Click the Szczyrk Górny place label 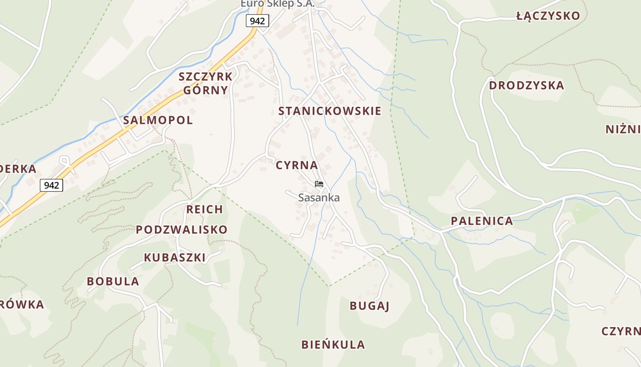206,83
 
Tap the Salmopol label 158,120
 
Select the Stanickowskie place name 330,111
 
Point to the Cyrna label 297,165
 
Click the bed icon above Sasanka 319,184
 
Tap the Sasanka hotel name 319,198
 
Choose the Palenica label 482,221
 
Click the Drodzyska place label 527,86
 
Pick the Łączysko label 548,16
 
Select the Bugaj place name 369,306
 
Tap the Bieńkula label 333,345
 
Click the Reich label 205,210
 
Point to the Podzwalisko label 181,230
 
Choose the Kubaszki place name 175,258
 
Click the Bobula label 113,282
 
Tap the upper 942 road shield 257,21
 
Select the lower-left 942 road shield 51,185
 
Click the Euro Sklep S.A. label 277,4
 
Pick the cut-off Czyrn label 621,331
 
